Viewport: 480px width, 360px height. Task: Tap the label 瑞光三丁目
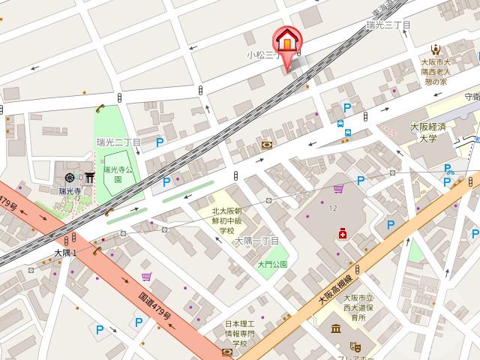(x=388, y=25)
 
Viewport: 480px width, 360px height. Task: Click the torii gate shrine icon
(x=88, y=177)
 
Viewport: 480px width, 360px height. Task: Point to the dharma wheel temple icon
(x=70, y=178)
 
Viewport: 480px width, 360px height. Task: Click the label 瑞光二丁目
(x=118, y=142)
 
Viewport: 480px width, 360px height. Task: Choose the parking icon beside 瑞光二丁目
(x=160, y=142)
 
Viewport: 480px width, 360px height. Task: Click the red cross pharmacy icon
(x=343, y=234)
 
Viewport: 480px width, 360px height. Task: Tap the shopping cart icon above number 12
(x=339, y=189)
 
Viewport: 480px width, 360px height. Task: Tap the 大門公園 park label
(x=272, y=264)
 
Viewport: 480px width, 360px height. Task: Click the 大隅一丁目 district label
(x=256, y=241)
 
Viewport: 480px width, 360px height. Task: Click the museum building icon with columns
(x=334, y=329)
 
